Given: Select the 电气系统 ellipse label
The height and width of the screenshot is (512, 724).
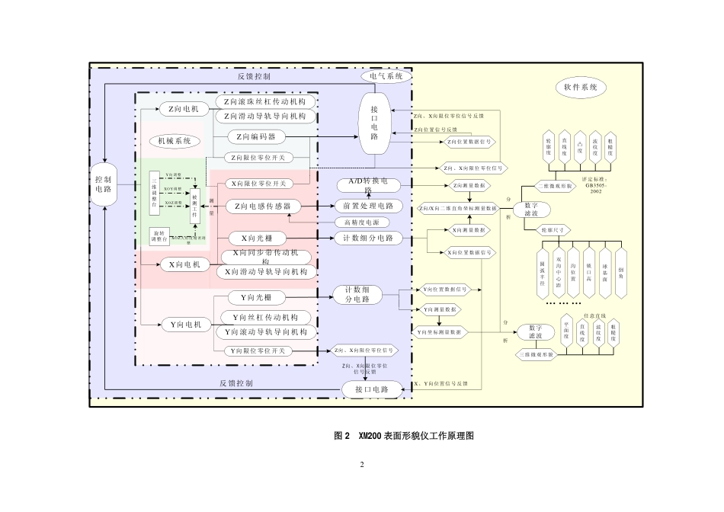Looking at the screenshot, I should pos(386,76).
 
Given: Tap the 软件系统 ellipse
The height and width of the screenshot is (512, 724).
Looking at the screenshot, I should pos(579,88).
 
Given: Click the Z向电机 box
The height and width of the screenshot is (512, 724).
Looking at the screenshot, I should pos(184,109).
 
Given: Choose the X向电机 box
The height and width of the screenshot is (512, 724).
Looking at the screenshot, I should pos(184,264).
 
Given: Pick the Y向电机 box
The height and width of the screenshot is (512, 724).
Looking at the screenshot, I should pos(184,325).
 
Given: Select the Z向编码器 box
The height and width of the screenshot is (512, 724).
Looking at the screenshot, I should pos(255,136).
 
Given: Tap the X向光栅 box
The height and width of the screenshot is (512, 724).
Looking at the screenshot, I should pos(255,238).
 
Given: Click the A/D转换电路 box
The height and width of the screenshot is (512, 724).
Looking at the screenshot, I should pos(368,185).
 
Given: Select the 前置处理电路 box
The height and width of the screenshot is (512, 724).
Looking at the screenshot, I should pos(368,206).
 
